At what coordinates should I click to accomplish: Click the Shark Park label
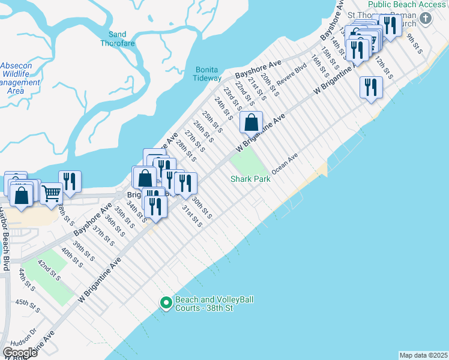(250, 179)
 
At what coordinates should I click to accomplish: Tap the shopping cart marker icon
(51, 193)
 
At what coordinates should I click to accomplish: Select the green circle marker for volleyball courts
(166, 303)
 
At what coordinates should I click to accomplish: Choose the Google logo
(20, 353)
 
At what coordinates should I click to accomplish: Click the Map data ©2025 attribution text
(424, 355)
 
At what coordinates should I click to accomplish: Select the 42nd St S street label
(50, 271)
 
